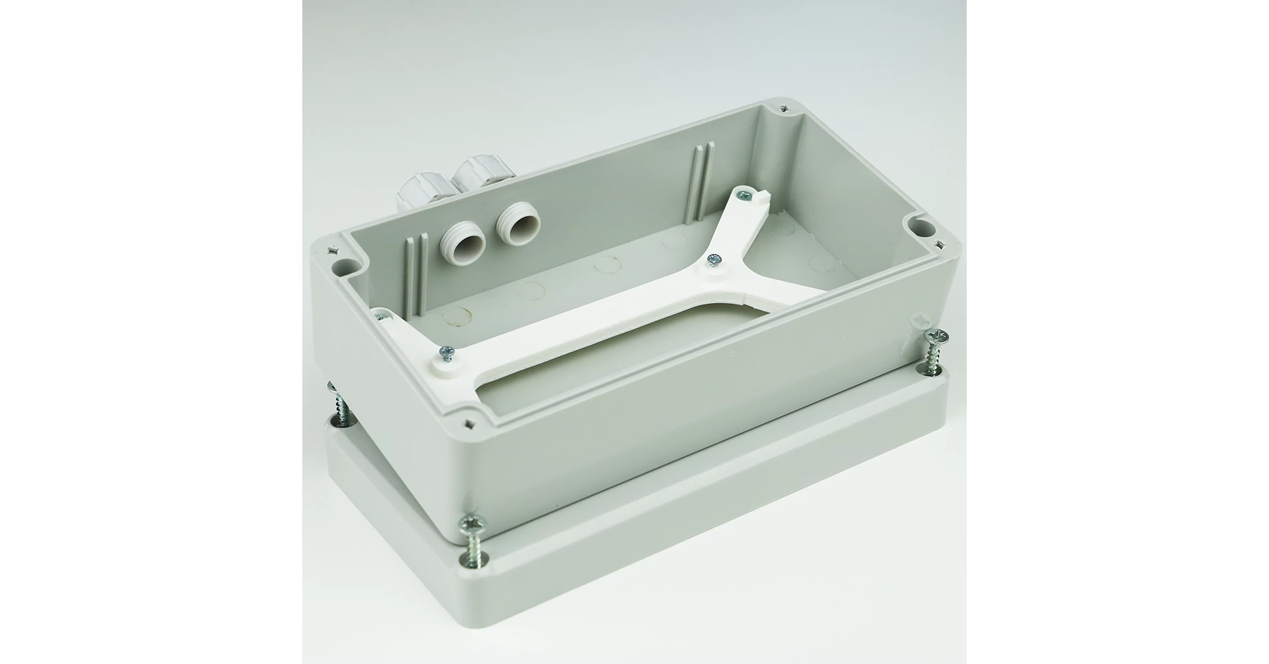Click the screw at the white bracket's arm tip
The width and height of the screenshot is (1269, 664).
point(746,195)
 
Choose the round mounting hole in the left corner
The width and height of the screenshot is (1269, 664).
point(342,268)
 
